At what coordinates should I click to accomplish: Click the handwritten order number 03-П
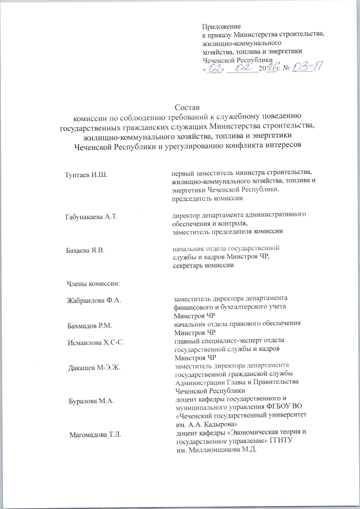pyautogui.click(x=306, y=68)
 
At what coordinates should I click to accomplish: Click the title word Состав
pyautogui.click(x=187, y=107)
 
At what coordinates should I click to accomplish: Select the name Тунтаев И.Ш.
pyautogui.click(x=86, y=175)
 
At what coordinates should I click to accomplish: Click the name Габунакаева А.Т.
pyautogui.click(x=91, y=217)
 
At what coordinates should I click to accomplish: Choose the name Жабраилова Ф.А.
pyautogui.click(x=94, y=300)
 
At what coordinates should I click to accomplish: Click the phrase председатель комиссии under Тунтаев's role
pyautogui.click(x=207, y=198)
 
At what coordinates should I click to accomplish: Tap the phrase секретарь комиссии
pyautogui.click(x=203, y=265)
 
